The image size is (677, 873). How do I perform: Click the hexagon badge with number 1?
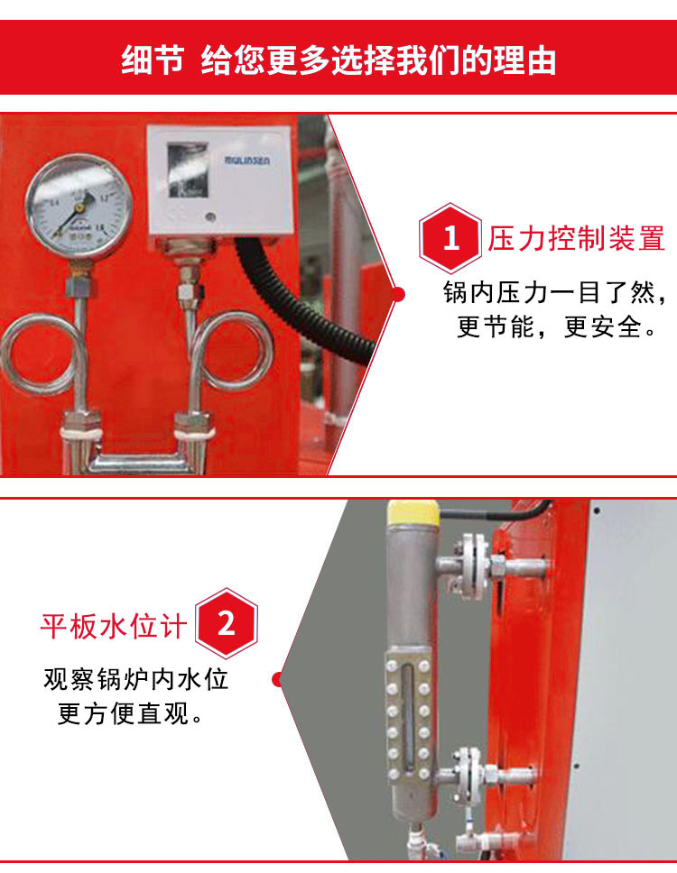click(450, 239)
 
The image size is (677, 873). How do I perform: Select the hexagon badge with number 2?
click(227, 623)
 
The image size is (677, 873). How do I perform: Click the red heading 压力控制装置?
click(576, 239)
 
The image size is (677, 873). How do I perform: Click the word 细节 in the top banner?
click(153, 60)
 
